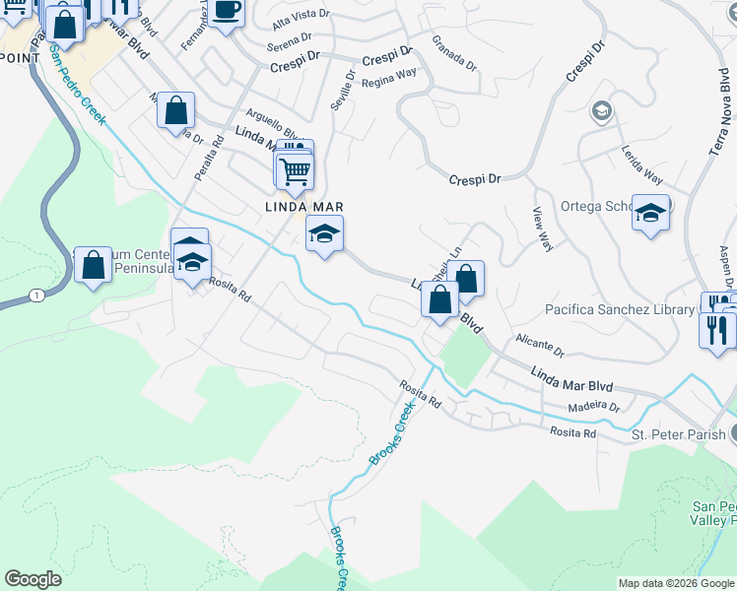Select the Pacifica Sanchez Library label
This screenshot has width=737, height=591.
point(620,310)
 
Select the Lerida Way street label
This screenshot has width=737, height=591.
point(640,165)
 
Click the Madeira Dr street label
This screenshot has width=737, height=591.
point(594,407)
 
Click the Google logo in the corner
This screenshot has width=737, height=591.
point(33,579)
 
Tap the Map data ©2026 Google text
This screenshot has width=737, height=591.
point(676,583)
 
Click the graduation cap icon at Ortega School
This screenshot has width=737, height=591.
point(650,213)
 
